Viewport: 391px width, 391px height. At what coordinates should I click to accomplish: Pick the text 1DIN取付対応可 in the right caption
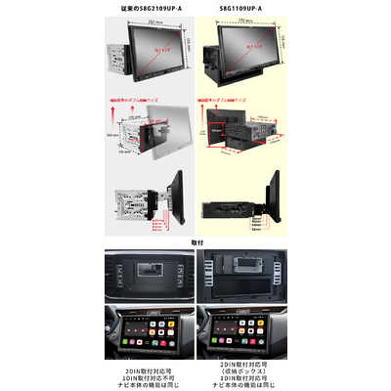click(x=242, y=372)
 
